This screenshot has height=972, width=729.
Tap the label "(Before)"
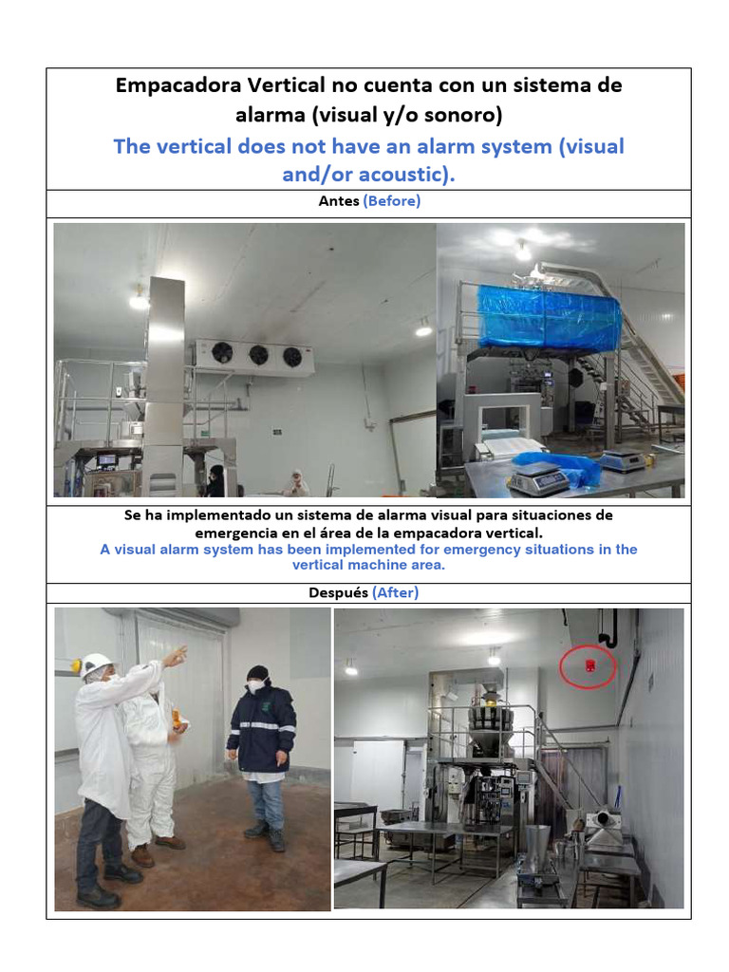391,201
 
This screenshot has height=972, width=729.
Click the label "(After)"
395,592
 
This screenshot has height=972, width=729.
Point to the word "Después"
339,592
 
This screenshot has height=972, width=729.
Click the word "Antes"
337,201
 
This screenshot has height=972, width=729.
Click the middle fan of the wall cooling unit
257,354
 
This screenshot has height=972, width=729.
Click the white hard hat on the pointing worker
97,664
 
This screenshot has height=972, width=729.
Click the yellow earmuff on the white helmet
76,667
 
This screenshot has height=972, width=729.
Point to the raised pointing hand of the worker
177,654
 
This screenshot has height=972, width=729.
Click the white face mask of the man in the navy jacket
256,685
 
